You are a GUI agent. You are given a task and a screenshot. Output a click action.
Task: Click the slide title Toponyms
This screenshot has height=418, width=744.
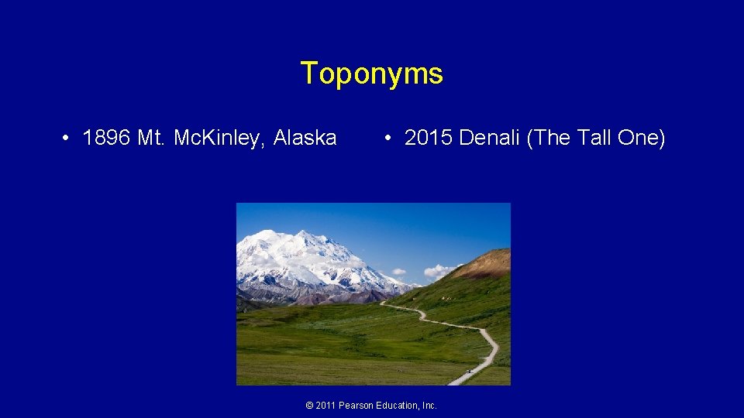point(372,74)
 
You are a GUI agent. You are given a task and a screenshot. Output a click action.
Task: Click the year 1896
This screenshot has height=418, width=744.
point(106,139)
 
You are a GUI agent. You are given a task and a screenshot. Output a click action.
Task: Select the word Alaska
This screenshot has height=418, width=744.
point(305,139)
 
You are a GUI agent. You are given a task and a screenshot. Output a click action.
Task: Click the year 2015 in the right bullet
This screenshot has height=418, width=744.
point(429,139)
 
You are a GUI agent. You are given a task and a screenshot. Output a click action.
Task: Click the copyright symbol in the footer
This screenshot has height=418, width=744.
point(310,406)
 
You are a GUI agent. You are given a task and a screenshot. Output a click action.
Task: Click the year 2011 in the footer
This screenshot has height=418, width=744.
point(326,406)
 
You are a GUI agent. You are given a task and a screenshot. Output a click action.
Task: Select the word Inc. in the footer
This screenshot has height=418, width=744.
point(429,406)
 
